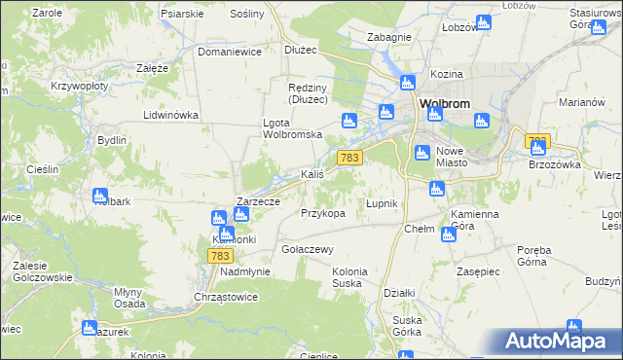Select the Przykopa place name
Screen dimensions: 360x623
coord(323,213)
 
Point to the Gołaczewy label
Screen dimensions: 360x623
coord(308,248)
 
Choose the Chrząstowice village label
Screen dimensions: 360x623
coord(225,297)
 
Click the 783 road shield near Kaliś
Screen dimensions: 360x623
coord(350,158)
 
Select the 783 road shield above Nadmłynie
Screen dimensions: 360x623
coord(219,255)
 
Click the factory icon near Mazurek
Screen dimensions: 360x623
coord(90,329)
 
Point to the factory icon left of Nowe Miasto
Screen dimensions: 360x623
coord(422,153)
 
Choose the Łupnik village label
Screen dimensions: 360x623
coord(381,203)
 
